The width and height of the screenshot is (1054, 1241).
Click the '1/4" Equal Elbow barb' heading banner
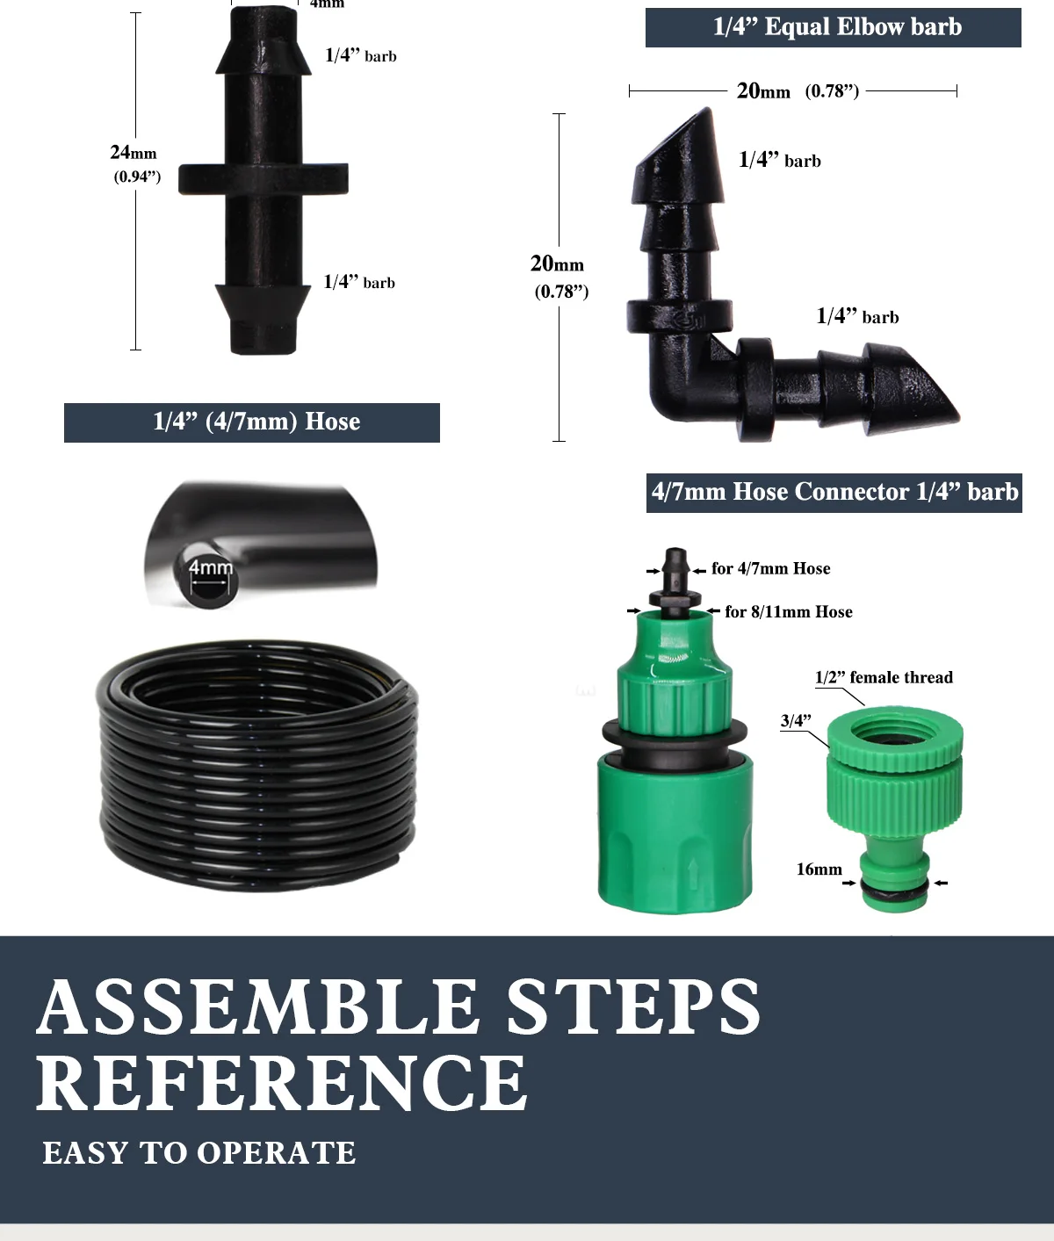pyautogui.click(x=833, y=27)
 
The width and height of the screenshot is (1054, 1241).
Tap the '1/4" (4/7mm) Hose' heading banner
pyautogui.click(x=252, y=422)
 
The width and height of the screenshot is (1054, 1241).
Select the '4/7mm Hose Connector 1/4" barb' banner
pyautogui.click(x=834, y=492)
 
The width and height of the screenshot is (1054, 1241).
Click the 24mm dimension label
pyautogui.click(x=134, y=153)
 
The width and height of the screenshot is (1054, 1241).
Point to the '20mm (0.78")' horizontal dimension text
pyautogui.click(x=796, y=90)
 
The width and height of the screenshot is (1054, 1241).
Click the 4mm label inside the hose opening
pyautogui.click(x=211, y=567)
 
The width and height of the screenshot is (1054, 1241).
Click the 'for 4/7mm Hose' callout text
pyautogui.click(x=770, y=569)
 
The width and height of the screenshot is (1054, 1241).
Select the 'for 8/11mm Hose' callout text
pyautogui.click(x=788, y=612)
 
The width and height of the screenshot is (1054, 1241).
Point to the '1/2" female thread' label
pyautogui.click(x=883, y=677)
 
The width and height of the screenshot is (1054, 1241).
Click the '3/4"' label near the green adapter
pyautogui.click(x=796, y=721)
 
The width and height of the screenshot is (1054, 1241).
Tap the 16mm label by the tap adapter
pyautogui.click(x=819, y=869)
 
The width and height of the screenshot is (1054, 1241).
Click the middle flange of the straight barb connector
pyautogui.click(x=263, y=179)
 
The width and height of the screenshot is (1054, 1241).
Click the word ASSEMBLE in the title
pyautogui.click(x=258, y=1007)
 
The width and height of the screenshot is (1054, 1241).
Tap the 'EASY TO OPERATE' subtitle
pyautogui.click(x=199, y=1153)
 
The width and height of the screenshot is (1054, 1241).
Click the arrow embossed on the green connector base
pyautogui.click(x=693, y=873)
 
